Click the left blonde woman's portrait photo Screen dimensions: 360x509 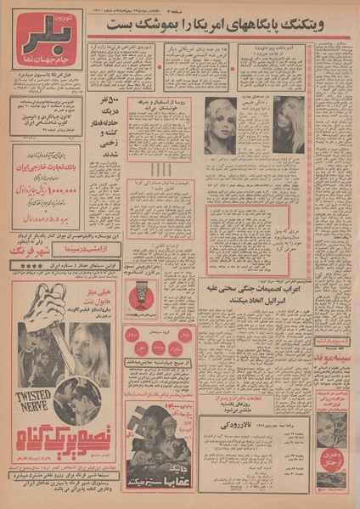tap(220, 126)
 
